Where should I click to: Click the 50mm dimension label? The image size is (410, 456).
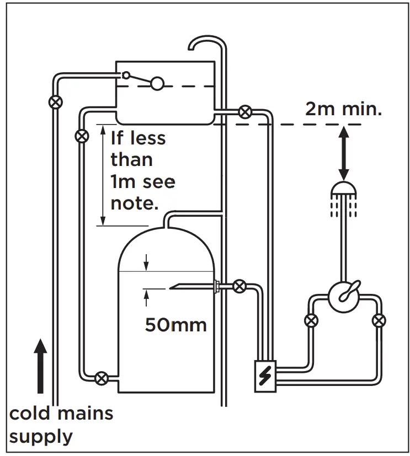pyautogui.click(x=175, y=324)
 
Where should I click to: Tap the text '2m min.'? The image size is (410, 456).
pyautogui.click(x=343, y=108)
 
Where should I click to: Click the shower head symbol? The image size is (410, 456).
pyautogui.click(x=343, y=190)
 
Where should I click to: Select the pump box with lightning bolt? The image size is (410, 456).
pyautogui.click(x=265, y=375)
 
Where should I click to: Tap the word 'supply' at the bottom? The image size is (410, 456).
pyautogui.click(x=41, y=436)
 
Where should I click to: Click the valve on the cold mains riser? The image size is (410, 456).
pyautogui.click(x=55, y=102)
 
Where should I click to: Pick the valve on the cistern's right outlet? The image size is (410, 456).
pyautogui.click(x=244, y=112)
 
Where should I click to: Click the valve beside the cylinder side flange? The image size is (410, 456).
pyautogui.click(x=239, y=286)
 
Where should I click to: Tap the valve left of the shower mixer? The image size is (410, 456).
pyautogui.click(x=311, y=320)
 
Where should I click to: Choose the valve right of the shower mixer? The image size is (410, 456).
pyautogui.click(x=379, y=320)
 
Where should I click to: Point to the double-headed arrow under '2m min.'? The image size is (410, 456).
pyautogui.click(x=343, y=152)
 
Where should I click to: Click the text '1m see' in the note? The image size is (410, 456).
pyautogui.click(x=143, y=181)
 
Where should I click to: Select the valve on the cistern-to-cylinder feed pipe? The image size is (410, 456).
pyautogui.click(x=82, y=135)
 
